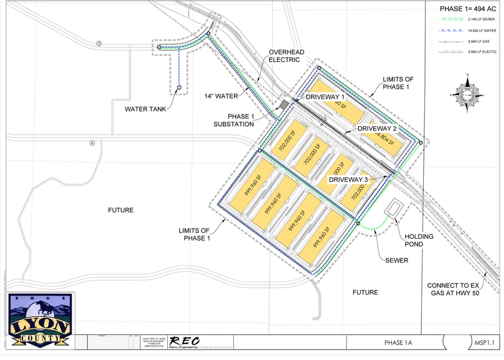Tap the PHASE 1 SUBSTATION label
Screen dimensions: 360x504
point(233,120)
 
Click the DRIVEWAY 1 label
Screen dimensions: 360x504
point(326,97)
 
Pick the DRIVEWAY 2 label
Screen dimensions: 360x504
point(377,129)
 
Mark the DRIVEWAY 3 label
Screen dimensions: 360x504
point(349,179)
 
